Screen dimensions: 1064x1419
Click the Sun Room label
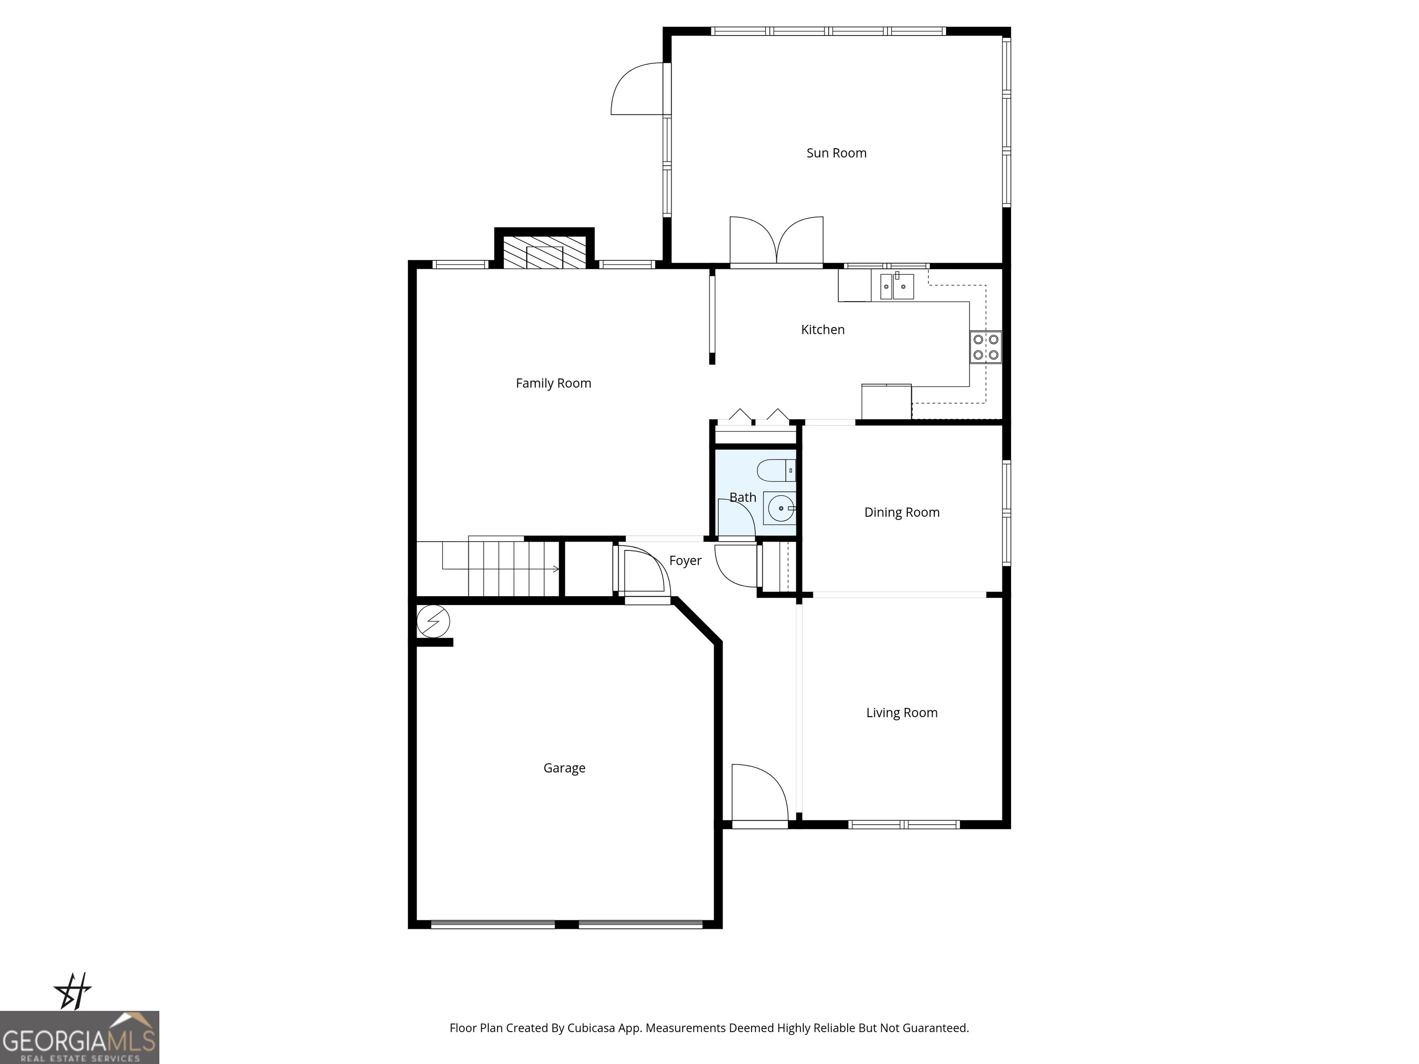(x=836, y=153)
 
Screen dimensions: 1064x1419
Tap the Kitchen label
(x=822, y=330)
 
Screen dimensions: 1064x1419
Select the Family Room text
(x=553, y=383)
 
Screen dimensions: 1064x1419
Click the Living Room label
(x=901, y=713)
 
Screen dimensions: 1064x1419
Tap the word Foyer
(x=685, y=561)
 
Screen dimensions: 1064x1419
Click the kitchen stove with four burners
(x=985, y=347)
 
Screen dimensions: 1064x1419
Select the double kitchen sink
(x=896, y=286)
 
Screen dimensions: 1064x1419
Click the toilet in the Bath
(x=776, y=471)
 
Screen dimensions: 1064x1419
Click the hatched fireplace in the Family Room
(x=544, y=253)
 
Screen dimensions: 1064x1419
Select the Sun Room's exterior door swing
(x=637, y=89)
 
